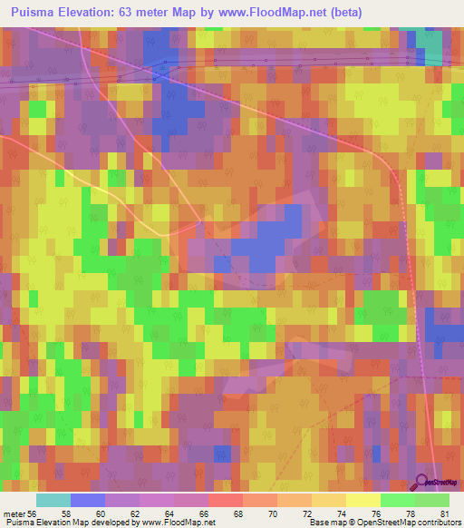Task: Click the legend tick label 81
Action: click(443, 513)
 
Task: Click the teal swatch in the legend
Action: click(53, 500)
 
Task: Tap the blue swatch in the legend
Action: click(88, 500)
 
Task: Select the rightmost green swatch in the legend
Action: click(431, 500)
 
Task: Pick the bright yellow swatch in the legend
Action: click(362, 500)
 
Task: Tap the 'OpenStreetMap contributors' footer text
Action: click(404, 523)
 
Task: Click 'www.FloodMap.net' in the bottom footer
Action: click(174, 523)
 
